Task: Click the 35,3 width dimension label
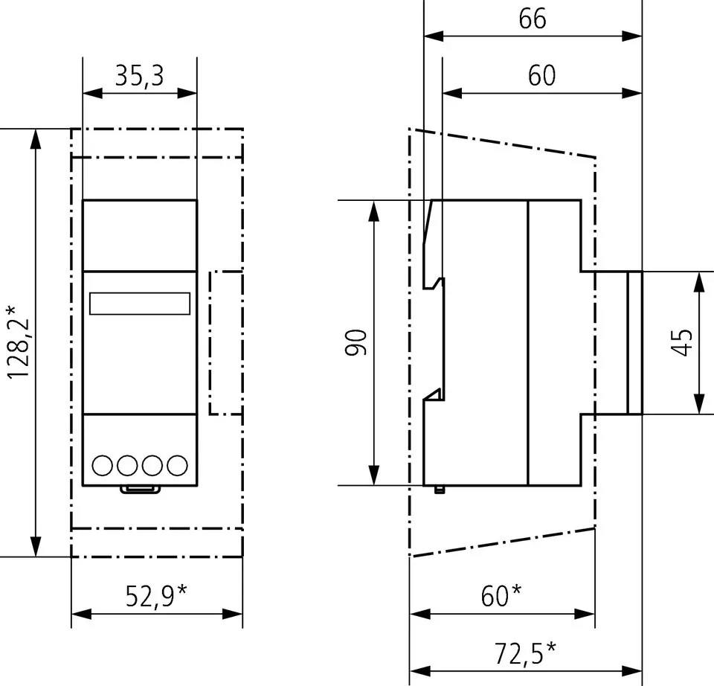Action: pyautogui.click(x=139, y=75)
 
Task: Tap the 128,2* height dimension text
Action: pyautogui.click(x=19, y=342)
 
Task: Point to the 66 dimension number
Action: pyautogui.click(x=532, y=18)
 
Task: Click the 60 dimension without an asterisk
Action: pyautogui.click(x=541, y=75)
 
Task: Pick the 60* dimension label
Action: pyautogui.click(x=501, y=595)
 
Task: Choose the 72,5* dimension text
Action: pyautogui.click(x=525, y=653)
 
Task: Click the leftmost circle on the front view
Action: pyautogui.click(x=103, y=466)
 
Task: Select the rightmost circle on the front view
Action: pyautogui.click(x=177, y=466)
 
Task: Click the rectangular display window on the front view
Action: pyautogui.click(x=139, y=304)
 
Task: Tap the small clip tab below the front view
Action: pyautogui.click(x=141, y=489)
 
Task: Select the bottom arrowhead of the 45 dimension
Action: pyautogui.click(x=699, y=406)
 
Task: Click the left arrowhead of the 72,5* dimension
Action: pyautogui.click(x=417, y=670)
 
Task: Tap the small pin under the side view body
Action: pyautogui.click(x=439, y=490)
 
